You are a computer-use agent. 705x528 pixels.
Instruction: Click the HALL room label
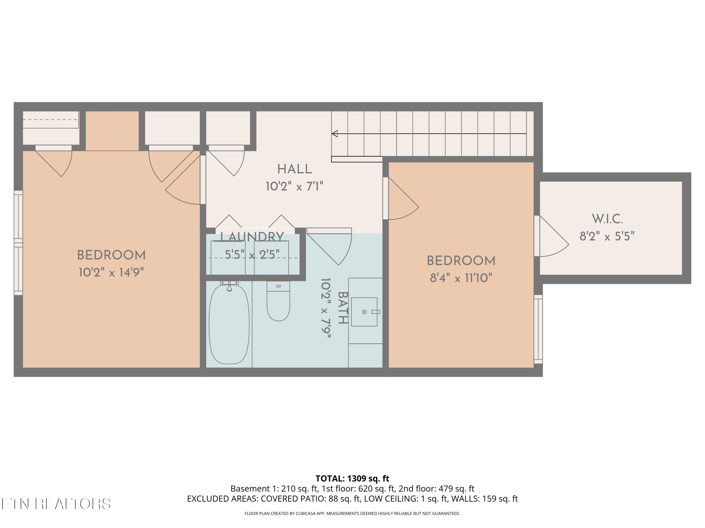294,169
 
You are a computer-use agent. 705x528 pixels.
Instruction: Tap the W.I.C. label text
607,219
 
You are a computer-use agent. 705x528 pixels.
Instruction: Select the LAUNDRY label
252,237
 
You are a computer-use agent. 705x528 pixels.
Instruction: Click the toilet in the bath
278,301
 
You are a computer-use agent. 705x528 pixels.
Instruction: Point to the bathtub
229,324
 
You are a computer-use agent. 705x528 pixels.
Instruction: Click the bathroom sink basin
364,312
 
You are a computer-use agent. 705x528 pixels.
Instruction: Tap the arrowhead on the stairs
335,134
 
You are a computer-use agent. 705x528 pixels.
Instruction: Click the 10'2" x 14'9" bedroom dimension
111,272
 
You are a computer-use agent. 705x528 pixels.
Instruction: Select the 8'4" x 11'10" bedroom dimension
461,278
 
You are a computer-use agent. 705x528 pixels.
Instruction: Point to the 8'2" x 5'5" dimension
607,236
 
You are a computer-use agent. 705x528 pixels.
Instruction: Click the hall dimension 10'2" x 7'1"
294,186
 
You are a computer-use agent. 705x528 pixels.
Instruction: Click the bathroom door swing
329,247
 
